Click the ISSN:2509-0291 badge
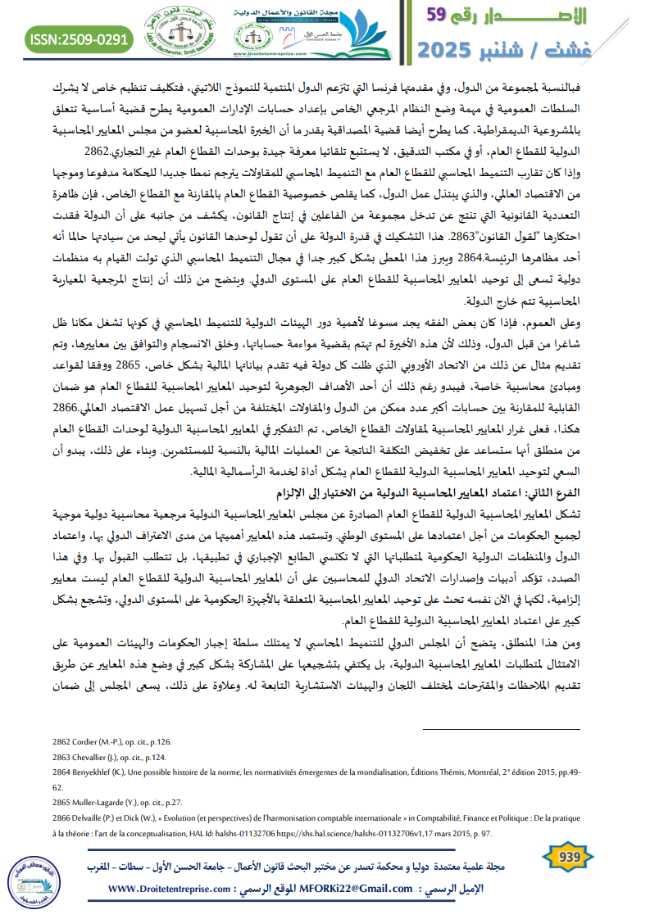point(78,38)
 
